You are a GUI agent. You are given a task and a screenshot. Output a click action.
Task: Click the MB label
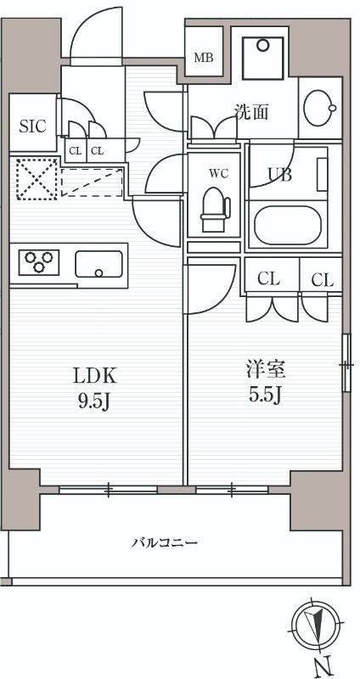tap(203, 57)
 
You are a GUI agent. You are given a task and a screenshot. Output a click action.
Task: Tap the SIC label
tap(32, 126)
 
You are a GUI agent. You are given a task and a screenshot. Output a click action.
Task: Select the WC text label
tap(219, 174)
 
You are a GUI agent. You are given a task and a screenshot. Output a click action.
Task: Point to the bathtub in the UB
tap(288, 225)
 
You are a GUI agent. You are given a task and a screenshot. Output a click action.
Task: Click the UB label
tap(279, 175)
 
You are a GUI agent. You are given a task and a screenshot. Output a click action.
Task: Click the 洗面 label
tap(251, 113)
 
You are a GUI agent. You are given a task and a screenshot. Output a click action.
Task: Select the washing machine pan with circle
tap(262, 59)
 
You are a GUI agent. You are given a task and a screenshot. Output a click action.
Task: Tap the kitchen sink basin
tap(98, 264)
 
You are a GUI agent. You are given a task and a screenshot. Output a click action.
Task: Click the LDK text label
tap(95, 377)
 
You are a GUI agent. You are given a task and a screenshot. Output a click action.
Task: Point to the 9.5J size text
tap(93, 403)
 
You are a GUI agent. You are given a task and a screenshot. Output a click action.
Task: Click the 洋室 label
tap(266, 370)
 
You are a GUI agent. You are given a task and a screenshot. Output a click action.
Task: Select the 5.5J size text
tap(266, 396)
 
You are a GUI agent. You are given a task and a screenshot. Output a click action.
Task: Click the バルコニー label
tap(165, 542)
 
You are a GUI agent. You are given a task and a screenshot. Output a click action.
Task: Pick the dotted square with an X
tap(37, 179)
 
